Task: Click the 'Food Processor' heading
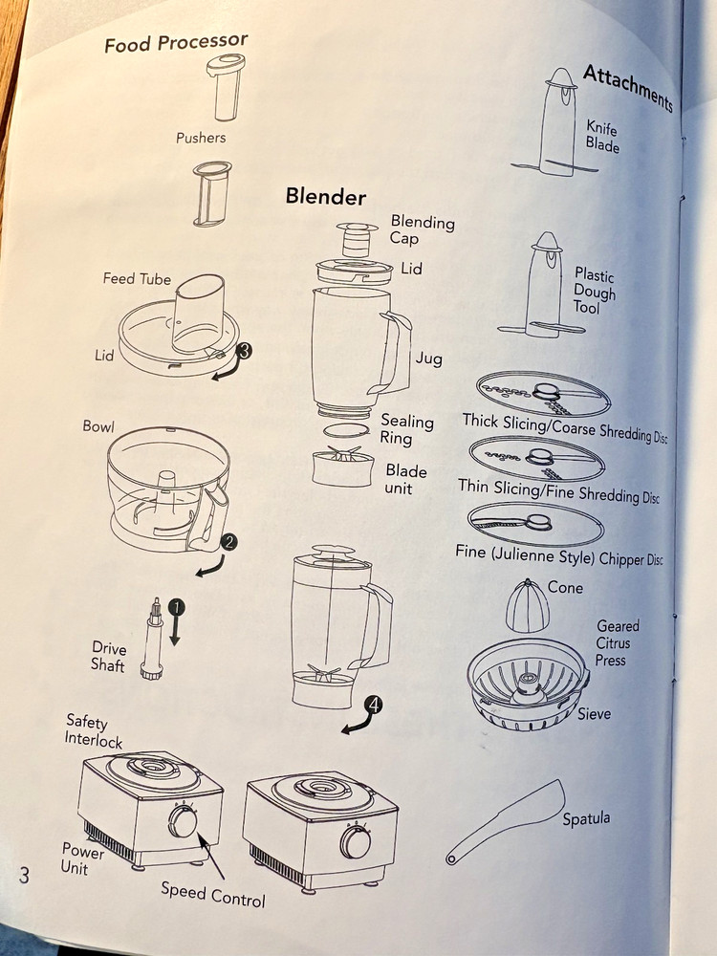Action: point(176,43)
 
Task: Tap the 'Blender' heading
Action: point(326,196)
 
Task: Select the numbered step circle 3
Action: point(243,351)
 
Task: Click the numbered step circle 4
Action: point(373,706)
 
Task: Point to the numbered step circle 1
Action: point(176,607)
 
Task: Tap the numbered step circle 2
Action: point(228,541)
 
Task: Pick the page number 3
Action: point(24,875)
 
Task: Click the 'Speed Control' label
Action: point(213,895)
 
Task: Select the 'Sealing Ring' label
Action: point(406,429)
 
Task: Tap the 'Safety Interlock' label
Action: point(94,730)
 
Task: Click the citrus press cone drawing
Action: point(528,607)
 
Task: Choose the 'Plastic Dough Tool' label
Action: point(594,291)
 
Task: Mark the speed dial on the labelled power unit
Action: point(183,821)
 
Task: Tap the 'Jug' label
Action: point(428,358)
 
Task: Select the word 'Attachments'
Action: point(628,88)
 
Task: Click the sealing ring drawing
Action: point(346,430)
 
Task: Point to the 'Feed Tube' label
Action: point(137,278)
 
